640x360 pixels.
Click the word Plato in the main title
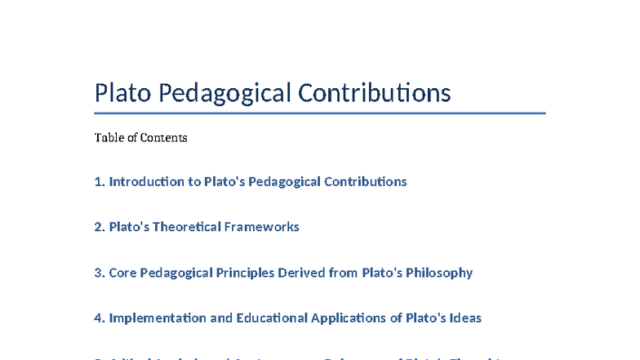(122, 93)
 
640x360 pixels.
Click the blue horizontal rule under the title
(320, 113)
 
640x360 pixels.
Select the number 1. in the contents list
(100, 181)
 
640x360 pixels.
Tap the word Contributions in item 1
(365, 181)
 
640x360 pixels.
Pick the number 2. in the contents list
(100, 227)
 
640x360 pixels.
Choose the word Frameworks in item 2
(263, 227)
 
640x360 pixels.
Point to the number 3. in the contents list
(100, 273)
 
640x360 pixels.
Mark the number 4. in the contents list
(100, 318)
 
